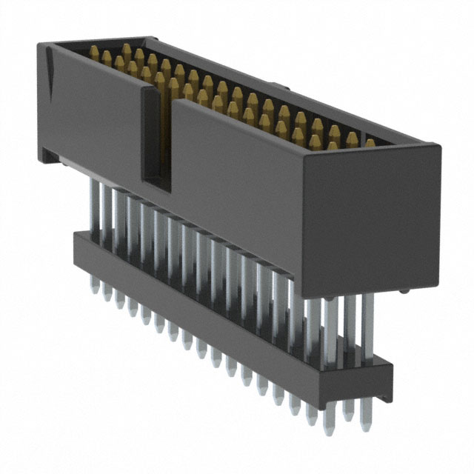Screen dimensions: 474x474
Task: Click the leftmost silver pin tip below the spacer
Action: (x=94, y=287)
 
